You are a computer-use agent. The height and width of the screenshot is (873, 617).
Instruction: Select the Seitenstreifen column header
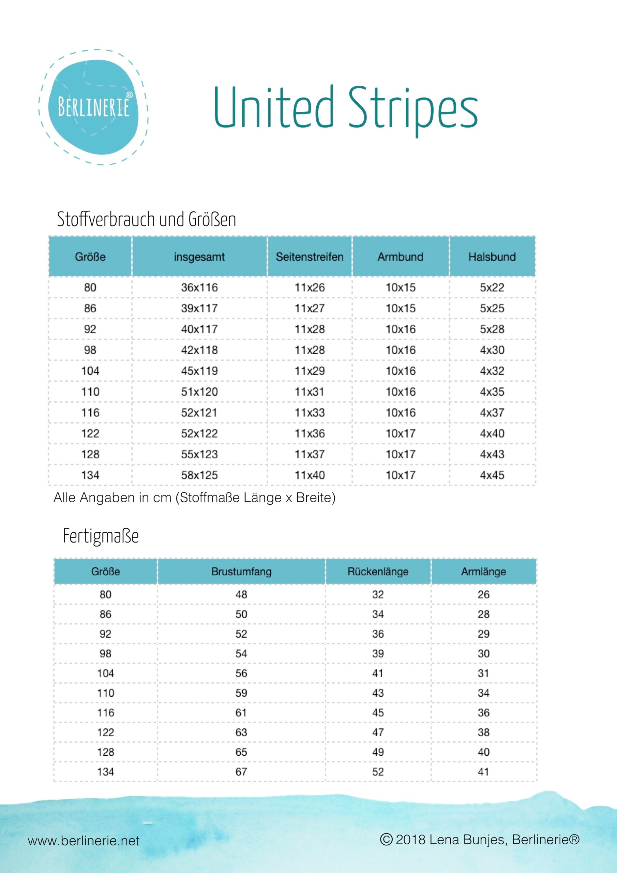(310, 257)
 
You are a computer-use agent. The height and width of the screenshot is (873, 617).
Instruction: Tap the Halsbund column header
(492, 257)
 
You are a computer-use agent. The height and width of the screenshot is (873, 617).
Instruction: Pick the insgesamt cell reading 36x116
(199, 287)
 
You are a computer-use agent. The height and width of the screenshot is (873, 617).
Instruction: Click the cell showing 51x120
(199, 391)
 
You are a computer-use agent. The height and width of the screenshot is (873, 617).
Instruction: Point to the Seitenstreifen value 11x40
(310, 475)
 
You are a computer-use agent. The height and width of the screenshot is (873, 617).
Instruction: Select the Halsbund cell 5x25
(492, 308)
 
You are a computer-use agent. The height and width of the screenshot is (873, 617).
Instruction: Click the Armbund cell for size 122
(400, 433)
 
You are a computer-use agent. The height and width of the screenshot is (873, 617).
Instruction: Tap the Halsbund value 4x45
(492, 475)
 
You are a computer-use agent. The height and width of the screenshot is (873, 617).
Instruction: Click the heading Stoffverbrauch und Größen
(146, 219)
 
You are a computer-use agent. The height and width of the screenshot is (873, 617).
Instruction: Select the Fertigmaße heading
(101, 536)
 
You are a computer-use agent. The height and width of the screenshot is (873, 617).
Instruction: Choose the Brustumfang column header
(241, 572)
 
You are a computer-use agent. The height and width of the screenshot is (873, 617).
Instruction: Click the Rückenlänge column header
(378, 572)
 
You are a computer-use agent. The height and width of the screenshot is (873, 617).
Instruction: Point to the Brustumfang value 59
(241, 693)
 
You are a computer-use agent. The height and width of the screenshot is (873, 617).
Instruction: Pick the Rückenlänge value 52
(378, 771)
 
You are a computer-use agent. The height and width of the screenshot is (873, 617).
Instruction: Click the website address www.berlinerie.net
(84, 841)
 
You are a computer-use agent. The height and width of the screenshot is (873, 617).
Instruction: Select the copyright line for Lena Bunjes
(480, 839)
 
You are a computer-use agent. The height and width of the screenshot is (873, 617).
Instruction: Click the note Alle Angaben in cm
(194, 498)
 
